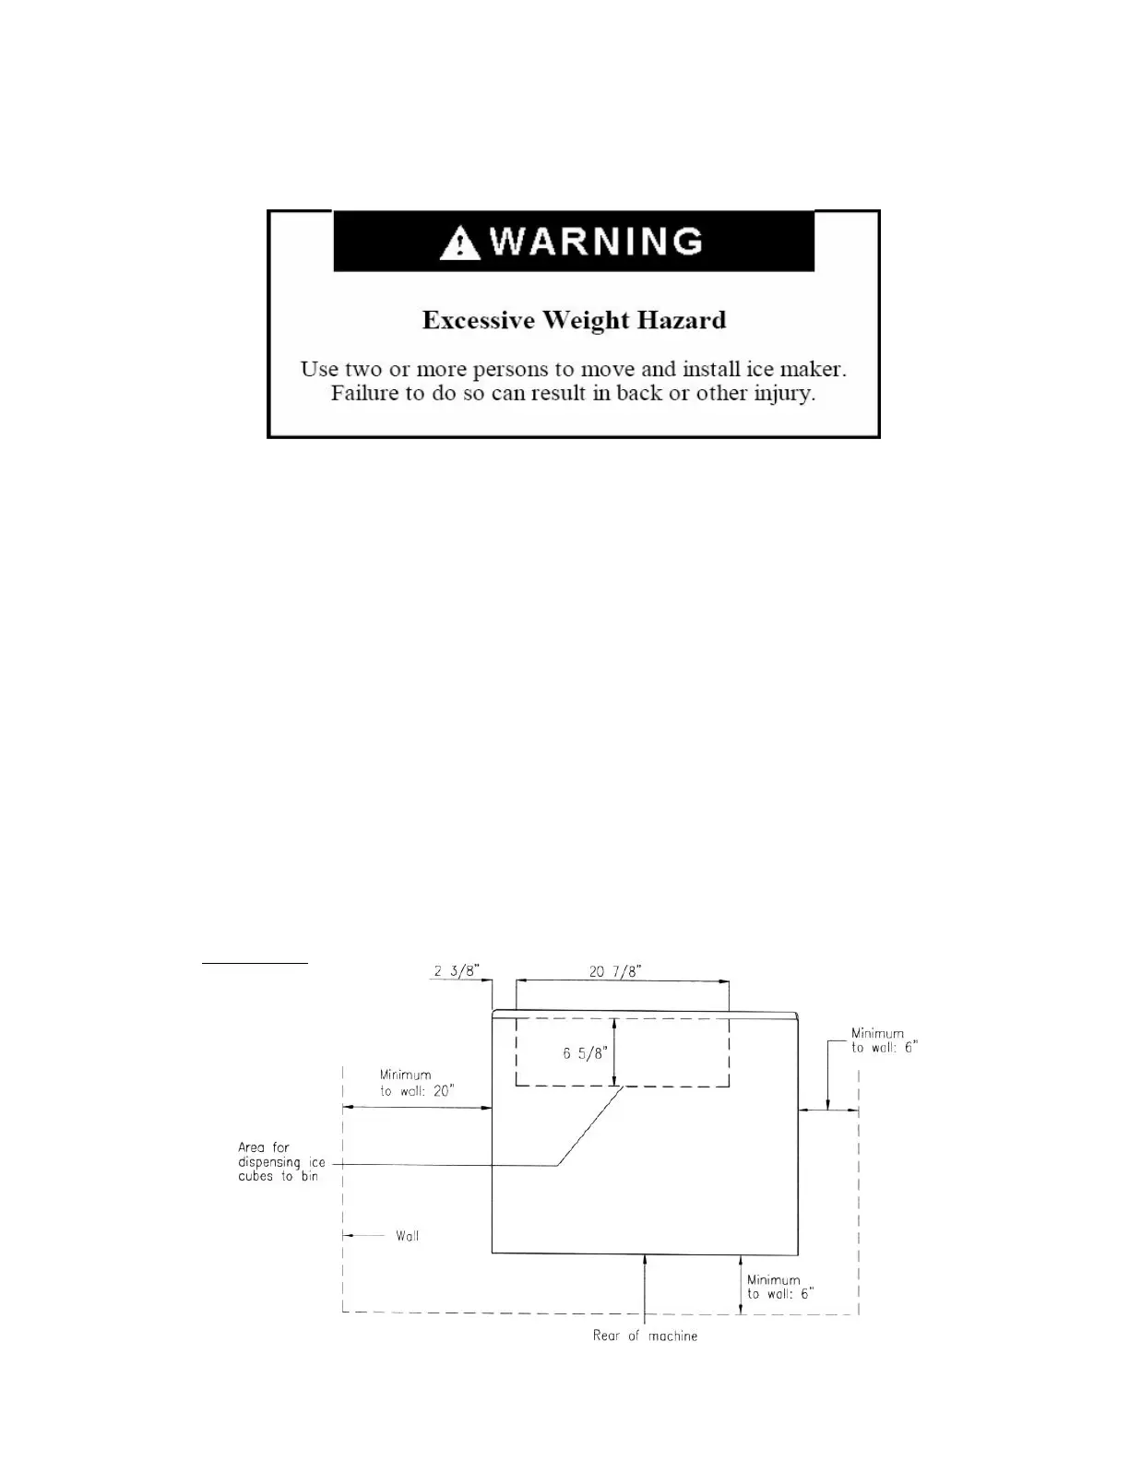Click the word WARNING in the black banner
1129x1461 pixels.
[x=598, y=242]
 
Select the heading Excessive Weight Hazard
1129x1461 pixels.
[x=574, y=320]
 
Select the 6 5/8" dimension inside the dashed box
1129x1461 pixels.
[x=583, y=1054]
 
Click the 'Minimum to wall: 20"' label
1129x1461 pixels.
[x=417, y=1083]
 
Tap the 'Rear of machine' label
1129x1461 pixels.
[x=645, y=1336]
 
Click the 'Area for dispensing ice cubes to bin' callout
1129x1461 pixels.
[x=280, y=1162]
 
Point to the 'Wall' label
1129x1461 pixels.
[x=407, y=1236]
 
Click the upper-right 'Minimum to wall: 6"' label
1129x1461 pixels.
[x=884, y=1040]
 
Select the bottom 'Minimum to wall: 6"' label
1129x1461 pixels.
[x=779, y=1287]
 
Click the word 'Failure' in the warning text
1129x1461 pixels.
[x=363, y=394]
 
